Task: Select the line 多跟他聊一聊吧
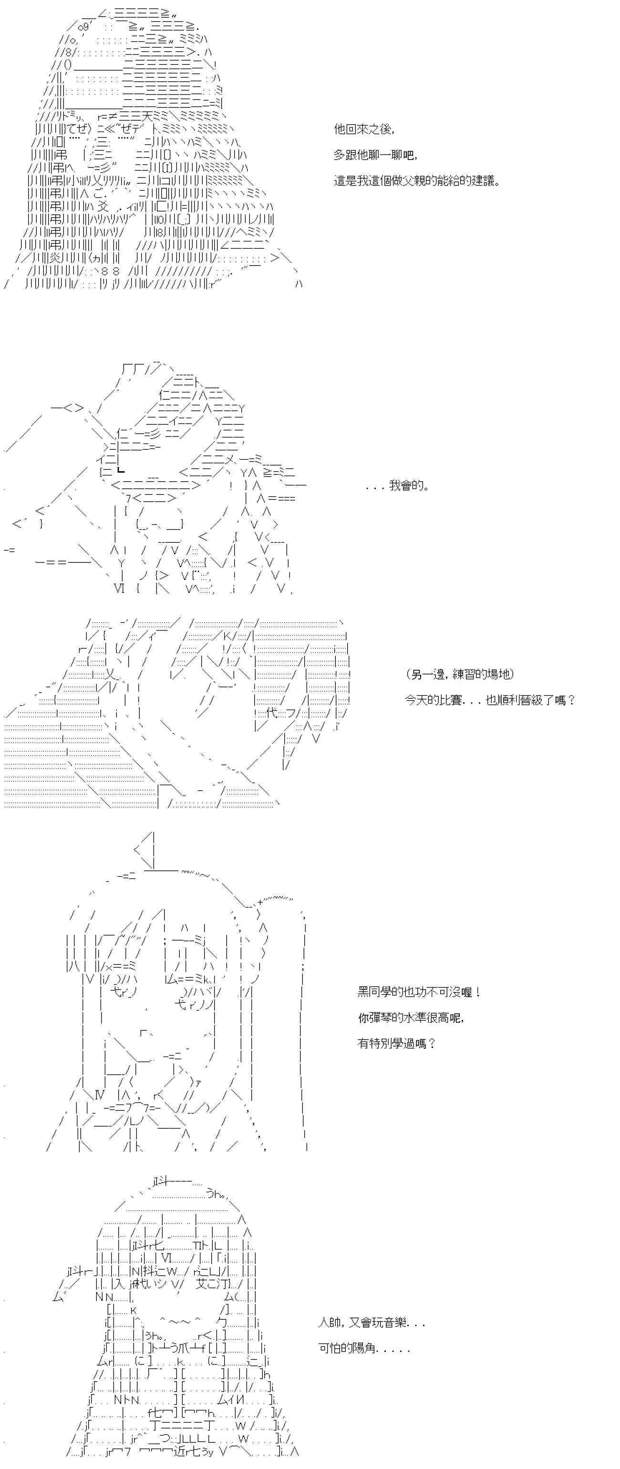pos(375,155)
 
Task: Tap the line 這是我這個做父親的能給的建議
pos(417,181)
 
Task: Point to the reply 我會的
pos(398,486)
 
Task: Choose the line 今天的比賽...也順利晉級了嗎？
pos(490,700)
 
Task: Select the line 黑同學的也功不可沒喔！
pos(419,992)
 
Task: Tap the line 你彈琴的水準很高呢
pos(411,1018)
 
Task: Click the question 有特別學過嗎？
pos(397,1044)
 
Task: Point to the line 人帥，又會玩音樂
pos(372,1323)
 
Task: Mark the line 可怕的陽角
pos(364,1349)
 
